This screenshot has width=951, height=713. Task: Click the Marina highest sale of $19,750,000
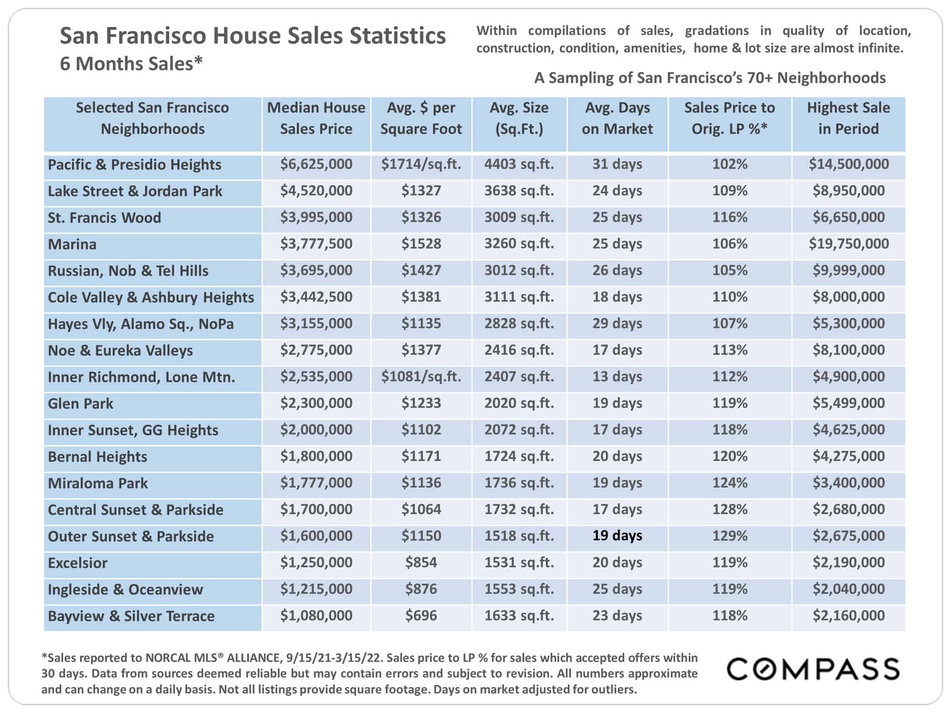(849, 244)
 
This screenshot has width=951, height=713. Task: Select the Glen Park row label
(80, 404)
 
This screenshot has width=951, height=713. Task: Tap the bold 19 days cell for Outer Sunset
(617, 536)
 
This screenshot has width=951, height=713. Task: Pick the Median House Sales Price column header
(316, 118)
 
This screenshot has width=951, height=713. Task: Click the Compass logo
(813, 669)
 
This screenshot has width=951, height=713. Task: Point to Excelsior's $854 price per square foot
(421, 562)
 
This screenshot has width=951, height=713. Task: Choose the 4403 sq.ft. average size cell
(519, 164)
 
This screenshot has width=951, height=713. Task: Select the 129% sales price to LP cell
(730, 536)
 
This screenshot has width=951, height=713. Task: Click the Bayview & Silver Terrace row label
(131, 616)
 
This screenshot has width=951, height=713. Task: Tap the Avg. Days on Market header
(617, 118)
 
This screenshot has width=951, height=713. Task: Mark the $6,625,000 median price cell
(316, 164)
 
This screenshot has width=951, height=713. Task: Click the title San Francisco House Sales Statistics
(252, 36)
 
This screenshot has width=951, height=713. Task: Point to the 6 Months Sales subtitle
(131, 63)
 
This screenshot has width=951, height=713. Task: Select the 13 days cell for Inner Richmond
(617, 376)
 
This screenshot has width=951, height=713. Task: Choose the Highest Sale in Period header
(849, 118)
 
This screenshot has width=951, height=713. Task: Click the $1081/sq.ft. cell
(421, 376)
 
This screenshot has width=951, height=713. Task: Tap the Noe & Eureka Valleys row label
(120, 351)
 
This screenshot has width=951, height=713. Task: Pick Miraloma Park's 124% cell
(730, 483)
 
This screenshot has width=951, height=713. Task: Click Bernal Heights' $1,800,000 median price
(316, 456)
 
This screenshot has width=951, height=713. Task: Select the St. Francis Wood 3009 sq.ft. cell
(519, 217)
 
